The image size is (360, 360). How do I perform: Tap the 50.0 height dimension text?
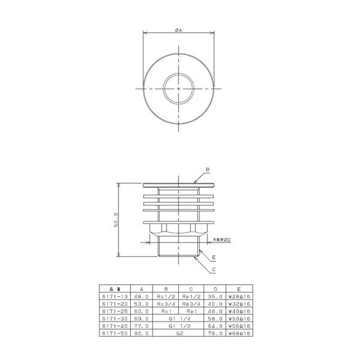[x=116, y=220]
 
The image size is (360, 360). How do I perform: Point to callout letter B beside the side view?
[x=208, y=170]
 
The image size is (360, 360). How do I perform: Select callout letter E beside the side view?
[x=214, y=257]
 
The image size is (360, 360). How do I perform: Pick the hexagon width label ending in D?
[x=221, y=240]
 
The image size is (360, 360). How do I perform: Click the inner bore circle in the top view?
[x=178, y=89]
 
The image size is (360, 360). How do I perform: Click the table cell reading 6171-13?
[x=114, y=297]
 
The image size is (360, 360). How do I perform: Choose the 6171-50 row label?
[x=114, y=333]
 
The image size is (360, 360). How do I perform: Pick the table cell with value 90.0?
[x=141, y=333]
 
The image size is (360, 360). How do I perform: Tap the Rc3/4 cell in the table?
[x=166, y=304]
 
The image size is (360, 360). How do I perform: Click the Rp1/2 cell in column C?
[x=191, y=297]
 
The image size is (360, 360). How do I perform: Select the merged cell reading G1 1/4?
[x=178, y=319]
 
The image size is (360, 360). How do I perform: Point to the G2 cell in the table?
[x=178, y=333]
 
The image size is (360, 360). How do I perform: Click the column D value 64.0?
[x=216, y=326]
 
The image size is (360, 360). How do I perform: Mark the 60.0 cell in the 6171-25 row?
[x=141, y=311]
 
